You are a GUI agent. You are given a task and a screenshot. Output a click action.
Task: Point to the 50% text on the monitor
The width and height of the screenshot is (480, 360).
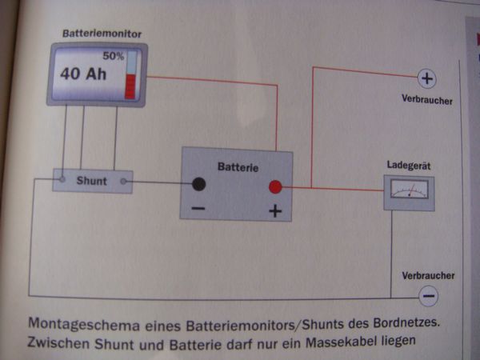pos(113,57)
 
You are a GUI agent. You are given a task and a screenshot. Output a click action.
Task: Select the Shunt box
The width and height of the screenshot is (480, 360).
pos(92,181)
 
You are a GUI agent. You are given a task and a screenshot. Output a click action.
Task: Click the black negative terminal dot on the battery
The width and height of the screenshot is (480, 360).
pos(198,185)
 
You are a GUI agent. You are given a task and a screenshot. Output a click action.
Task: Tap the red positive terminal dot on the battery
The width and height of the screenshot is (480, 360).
pos(275,187)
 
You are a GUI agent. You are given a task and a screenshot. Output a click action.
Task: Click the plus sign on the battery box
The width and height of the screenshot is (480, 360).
pos(275,212)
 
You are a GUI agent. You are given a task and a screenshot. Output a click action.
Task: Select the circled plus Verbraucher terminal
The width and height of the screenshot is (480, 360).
pos(426,78)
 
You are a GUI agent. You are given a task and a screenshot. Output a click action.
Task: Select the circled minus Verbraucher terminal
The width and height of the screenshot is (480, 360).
pos(429,296)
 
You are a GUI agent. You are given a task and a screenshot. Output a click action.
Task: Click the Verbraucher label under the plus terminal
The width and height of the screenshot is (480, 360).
pos(428,101)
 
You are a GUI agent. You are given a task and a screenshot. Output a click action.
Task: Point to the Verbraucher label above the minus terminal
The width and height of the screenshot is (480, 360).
pos(428,276)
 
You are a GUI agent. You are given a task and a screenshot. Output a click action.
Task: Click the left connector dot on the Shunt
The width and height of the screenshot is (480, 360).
pos(62,182)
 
